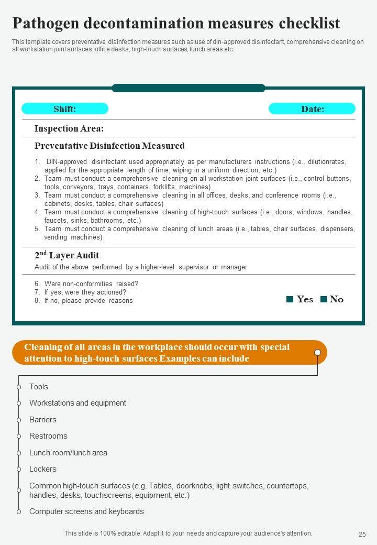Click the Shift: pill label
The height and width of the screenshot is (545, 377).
[x=65, y=109]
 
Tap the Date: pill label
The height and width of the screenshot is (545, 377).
[x=312, y=109]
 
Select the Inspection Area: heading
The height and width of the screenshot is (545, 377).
[x=69, y=128]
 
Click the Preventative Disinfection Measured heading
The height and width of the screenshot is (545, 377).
[x=109, y=146]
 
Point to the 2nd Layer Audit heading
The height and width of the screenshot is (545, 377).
[x=66, y=256]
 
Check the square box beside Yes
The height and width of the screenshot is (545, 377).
[x=290, y=299]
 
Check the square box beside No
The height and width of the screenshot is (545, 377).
[x=324, y=299]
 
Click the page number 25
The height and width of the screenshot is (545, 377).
[x=362, y=534]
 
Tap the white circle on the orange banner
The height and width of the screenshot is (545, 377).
[x=317, y=352]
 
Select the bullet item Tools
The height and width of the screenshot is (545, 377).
[x=39, y=387]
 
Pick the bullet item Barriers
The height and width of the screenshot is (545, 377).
[x=43, y=420]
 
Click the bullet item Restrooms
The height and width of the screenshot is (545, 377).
[x=48, y=436]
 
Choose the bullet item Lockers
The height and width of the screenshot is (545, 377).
[x=43, y=469]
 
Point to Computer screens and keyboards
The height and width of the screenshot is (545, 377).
[x=86, y=511]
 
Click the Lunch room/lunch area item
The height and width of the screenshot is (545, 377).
[x=68, y=453]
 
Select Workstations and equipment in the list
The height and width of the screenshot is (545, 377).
[x=77, y=403]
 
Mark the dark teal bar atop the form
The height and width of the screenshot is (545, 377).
[x=188, y=88]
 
